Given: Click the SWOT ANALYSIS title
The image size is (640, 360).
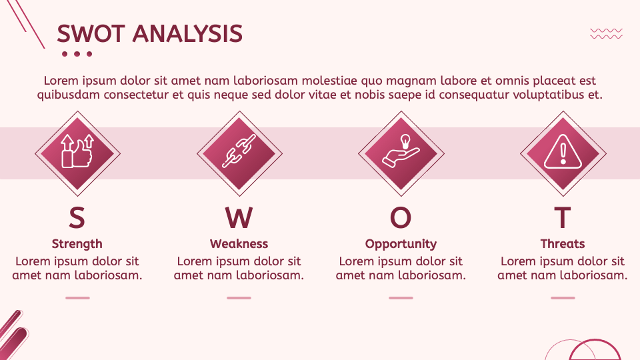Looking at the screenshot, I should [x=149, y=33].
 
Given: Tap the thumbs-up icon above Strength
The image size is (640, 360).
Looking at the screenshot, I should [x=77, y=153].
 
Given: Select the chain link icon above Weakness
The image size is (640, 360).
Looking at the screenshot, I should [x=239, y=153].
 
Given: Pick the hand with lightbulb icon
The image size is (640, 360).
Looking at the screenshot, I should [x=401, y=153].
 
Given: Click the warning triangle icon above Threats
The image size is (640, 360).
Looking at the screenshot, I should [x=563, y=153].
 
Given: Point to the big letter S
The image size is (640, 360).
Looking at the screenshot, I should [x=77, y=218].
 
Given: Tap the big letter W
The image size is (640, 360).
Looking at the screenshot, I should [x=239, y=218].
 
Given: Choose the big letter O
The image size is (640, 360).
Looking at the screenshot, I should [x=401, y=218].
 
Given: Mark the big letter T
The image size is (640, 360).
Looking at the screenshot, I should [x=563, y=218].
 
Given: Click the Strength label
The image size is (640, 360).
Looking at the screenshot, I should [x=77, y=244].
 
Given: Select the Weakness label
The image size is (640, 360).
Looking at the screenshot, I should [x=239, y=244].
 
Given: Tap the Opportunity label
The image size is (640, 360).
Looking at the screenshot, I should [x=401, y=244].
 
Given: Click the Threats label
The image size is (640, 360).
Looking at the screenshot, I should [x=563, y=244].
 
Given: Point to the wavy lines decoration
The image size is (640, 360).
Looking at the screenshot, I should [x=607, y=33].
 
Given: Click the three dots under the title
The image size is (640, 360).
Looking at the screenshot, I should [x=77, y=54].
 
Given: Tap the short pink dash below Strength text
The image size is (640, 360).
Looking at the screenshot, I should [x=77, y=298].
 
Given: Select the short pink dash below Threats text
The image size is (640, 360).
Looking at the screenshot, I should [x=563, y=298].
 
